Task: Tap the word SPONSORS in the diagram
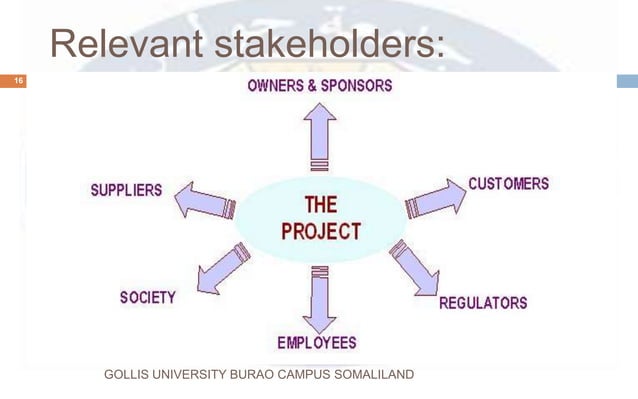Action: coord(355,86)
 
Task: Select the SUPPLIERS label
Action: coord(126,190)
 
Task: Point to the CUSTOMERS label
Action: coord(509,184)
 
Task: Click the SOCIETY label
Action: coord(147,297)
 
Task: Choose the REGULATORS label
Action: coord(483,302)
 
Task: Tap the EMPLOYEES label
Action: coord(317,343)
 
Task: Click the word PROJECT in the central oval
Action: coord(320,230)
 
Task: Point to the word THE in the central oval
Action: coord(320,206)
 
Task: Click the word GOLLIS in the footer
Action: coord(126,376)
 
